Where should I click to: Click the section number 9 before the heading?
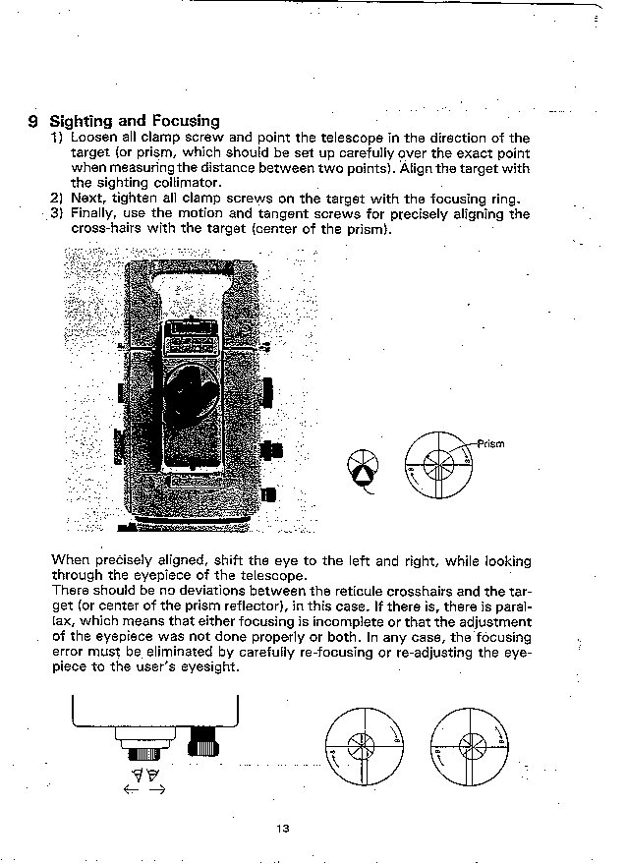[x=32, y=121]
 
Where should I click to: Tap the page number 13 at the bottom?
[x=283, y=829]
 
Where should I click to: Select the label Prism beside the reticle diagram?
[x=490, y=443]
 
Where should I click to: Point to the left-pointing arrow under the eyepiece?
[x=131, y=790]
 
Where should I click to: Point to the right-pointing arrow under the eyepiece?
[x=157, y=790]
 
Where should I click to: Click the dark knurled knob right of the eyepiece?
[x=203, y=742]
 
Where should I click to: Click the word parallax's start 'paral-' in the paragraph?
[x=514, y=606]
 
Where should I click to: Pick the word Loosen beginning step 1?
[x=92, y=138]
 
